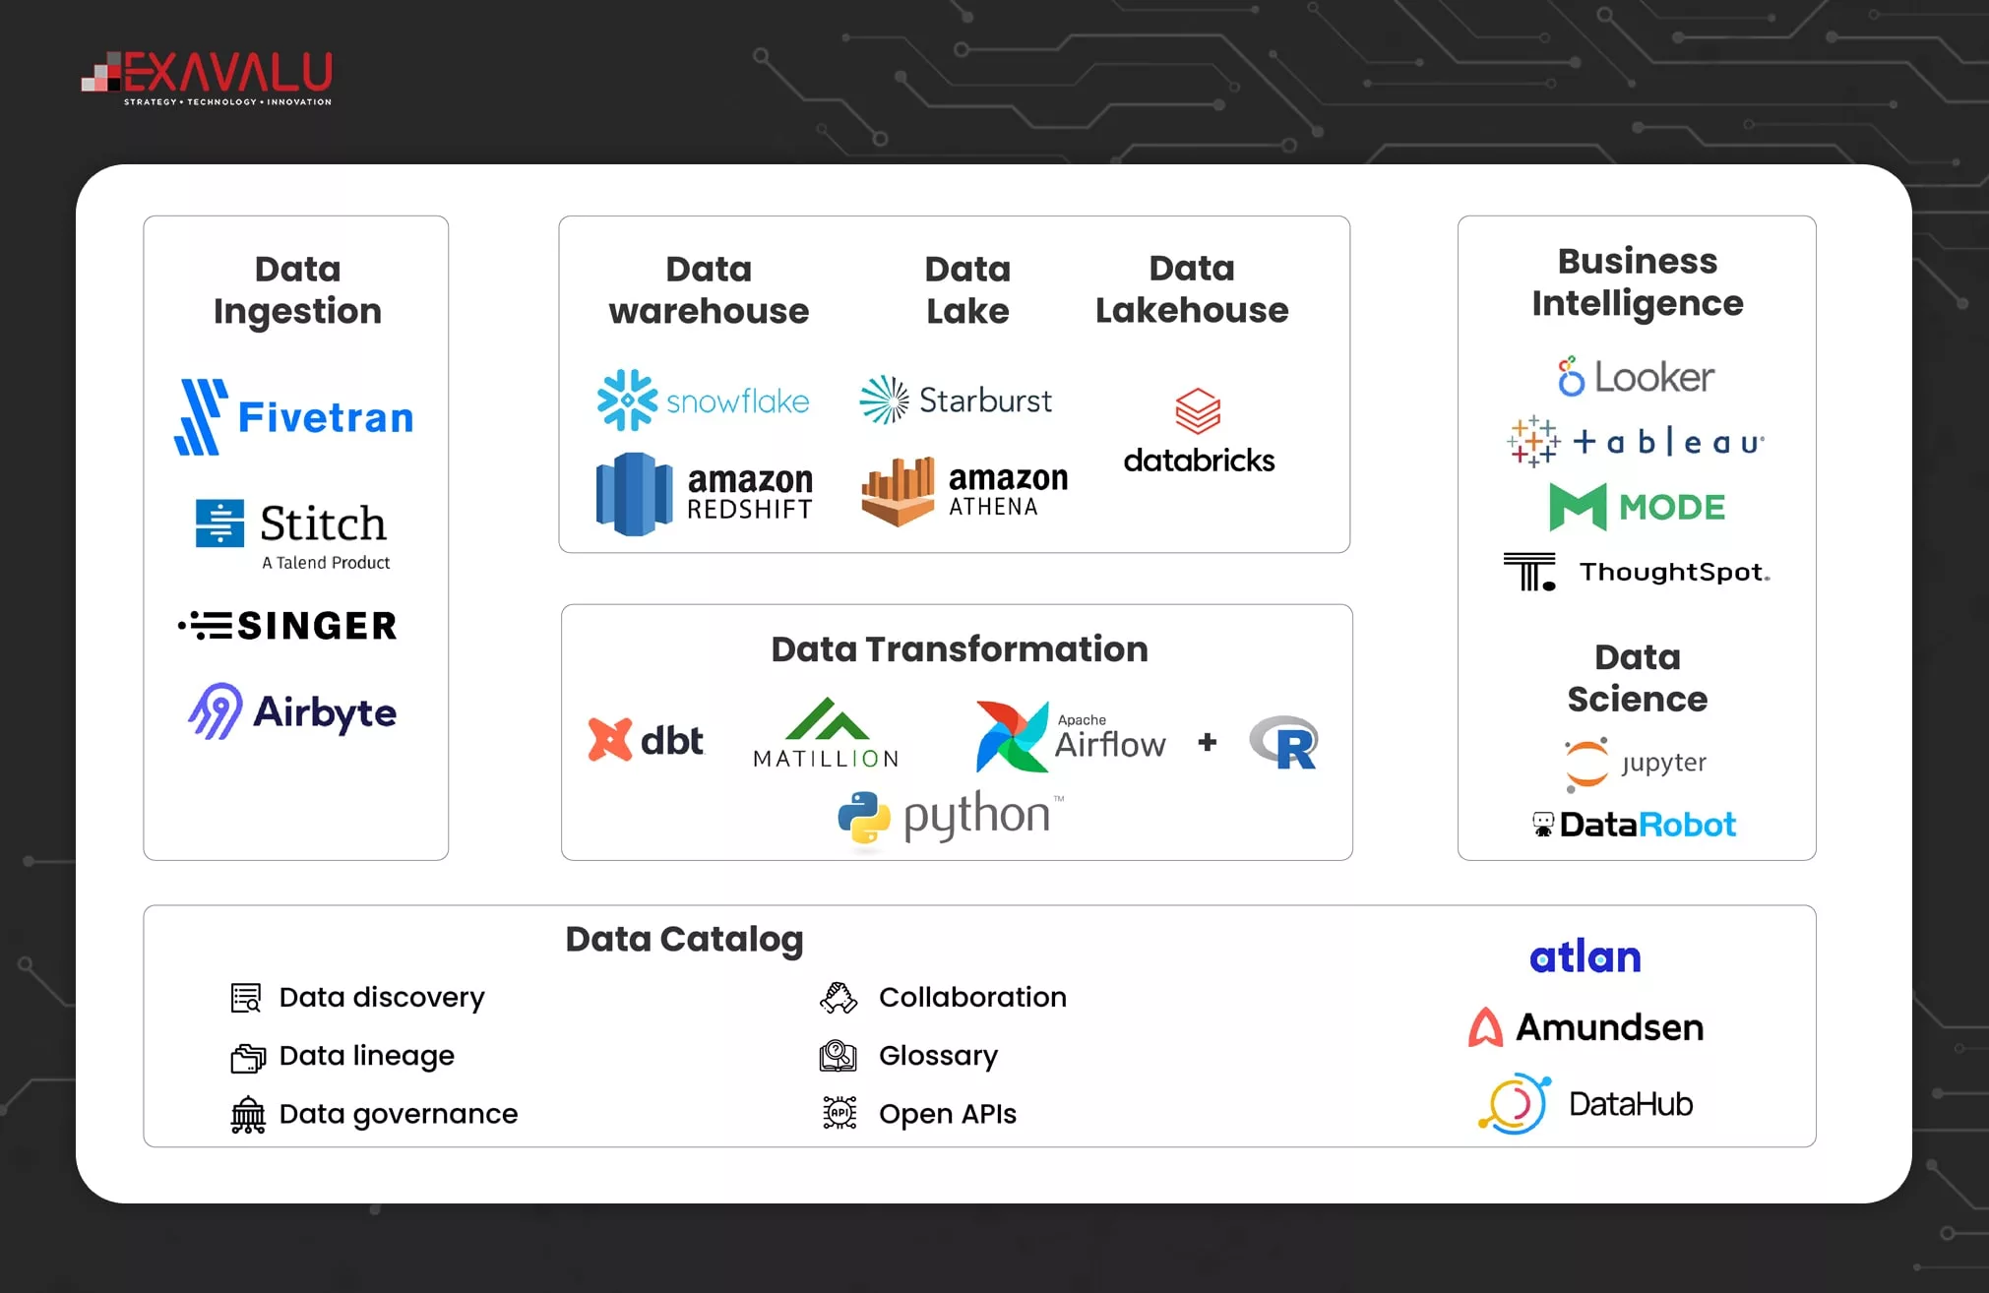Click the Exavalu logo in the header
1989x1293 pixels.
coord(208,78)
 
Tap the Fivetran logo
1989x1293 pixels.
coord(294,417)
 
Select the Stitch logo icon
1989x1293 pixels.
coord(219,523)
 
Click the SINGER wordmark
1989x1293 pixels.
coord(317,626)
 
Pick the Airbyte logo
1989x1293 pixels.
coord(293,711)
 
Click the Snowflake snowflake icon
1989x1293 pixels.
coord(627,400)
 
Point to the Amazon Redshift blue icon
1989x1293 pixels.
coord(634,494)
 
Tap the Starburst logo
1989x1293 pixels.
coord(956,400)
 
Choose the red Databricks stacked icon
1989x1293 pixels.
coord(1198,411)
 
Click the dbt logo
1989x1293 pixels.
coord(646,740)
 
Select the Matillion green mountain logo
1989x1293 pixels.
coord(827,720)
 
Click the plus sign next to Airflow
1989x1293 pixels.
coord(1208,742)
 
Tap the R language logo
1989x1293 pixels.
coord(1284,743)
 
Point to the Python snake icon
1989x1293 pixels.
coord(864,818)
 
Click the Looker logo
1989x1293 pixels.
coord(1636,377)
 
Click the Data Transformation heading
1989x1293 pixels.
coord(960,649)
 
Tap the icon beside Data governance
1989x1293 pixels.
coord(248,1115)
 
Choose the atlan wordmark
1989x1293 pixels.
coord(1585,957)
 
